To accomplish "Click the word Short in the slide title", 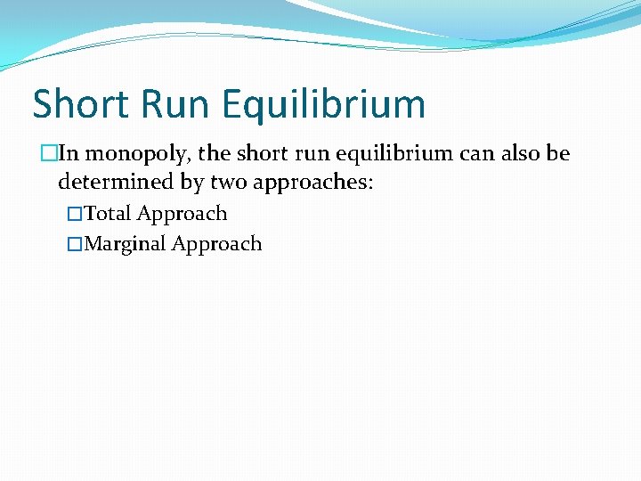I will pos(77,104).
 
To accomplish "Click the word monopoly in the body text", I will pos(137,154).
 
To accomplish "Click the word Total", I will pos(107,214).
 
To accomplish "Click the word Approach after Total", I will pos(182,215).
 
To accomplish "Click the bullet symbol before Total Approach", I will pos(75,215).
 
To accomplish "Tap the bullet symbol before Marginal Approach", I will pos(75,245).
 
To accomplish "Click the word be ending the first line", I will pos(558,153).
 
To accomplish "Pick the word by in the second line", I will pos(195,183).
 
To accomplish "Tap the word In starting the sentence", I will pos(68,153).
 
